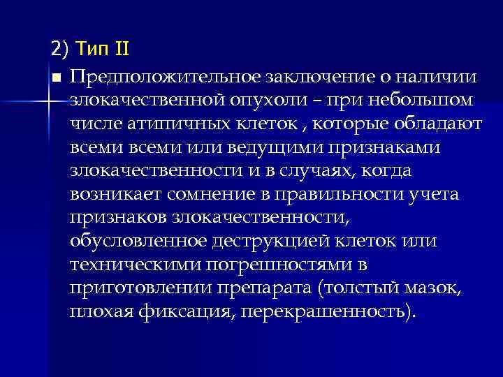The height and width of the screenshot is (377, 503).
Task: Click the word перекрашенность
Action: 326,312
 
